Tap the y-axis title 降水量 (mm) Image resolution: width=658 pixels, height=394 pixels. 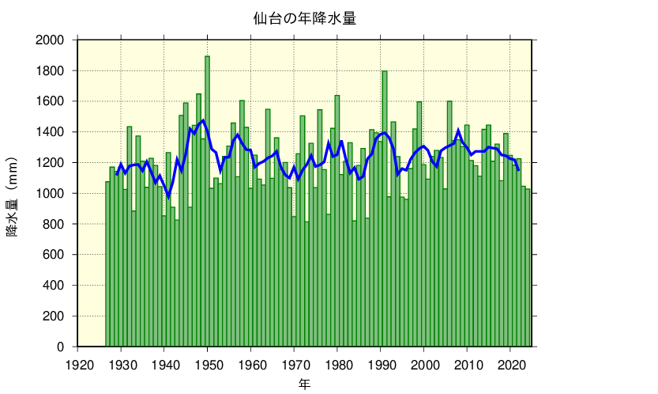click(13, 192)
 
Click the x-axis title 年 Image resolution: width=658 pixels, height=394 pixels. click(304, 384)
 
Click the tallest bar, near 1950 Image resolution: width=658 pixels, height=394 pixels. click(208, 198)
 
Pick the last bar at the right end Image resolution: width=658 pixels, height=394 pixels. click(528, 269)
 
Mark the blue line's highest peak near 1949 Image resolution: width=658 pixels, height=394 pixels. click(203, 120)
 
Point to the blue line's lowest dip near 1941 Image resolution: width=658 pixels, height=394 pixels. click(168, 197)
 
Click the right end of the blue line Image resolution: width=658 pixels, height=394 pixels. click(518, 169)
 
